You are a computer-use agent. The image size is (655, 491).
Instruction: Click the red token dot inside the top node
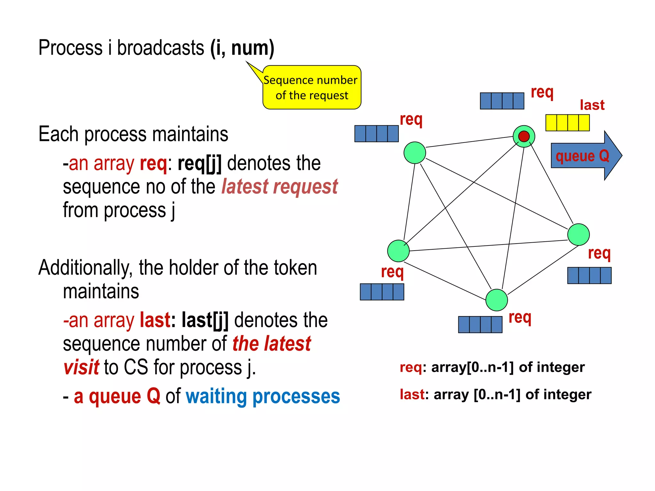pyautogui.click(x=524, y=136)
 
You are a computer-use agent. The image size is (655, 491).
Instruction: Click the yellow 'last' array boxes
pyautogui.click(x=567, y=123)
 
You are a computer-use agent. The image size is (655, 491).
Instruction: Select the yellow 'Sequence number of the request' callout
pyautogui.click(x=312, y=88)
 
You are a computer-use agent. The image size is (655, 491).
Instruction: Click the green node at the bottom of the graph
pyautogui.click(x=496, y=300)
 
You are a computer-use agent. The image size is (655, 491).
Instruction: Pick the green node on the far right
pyautogui.click(x=578, y=235)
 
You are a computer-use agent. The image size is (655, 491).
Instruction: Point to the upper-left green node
pyautogui.click(x=414, y=153)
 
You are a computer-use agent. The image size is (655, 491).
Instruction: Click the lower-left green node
pyautogui.click(x=398, y=251)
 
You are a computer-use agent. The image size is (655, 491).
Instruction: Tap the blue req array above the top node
pyautogui.click(x=502, y=101)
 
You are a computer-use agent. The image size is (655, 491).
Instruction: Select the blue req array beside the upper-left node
pyautogui.click(x=376, y=134)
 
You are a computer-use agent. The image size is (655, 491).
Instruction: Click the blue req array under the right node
pyautogui.click(x=589, y=276)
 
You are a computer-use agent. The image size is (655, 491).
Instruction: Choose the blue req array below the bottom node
pyautogui.click(x=480, y=324)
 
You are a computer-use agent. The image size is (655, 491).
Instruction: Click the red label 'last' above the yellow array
pyautogui.click(x=592, y=105)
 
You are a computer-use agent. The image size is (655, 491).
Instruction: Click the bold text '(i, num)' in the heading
pyautogui.click(x=242, y=48)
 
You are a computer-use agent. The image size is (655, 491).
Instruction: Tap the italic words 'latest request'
pyautogui.click(x=280, y=187)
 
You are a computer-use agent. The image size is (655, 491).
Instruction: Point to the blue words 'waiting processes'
pyautogui.click(x=263, y=396)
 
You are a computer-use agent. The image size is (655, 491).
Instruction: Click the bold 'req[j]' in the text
pyautogui.click(x=199, y=163)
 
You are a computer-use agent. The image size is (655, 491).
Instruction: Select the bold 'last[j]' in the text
pyautogui.click(x=205, y=320)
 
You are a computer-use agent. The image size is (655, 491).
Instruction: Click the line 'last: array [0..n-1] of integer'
pyautogui.click(x=495, y=394)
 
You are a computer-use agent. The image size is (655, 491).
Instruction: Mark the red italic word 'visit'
pyautogui.click(x=81, y=367)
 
